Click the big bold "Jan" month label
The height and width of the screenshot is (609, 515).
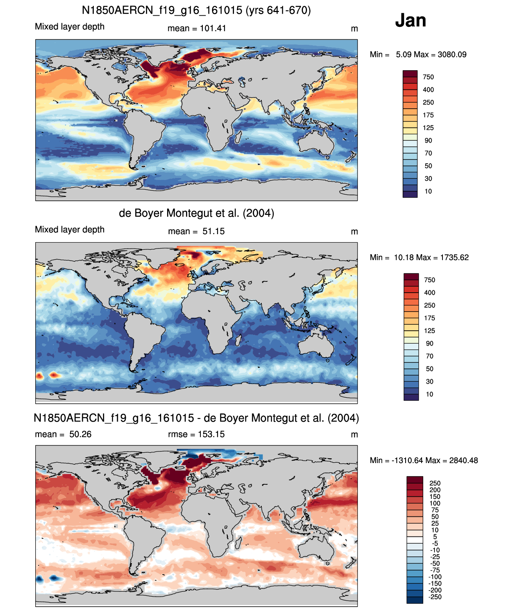click(x=410, y=20)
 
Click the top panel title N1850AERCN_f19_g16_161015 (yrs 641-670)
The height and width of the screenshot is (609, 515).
click(x=196, y=10)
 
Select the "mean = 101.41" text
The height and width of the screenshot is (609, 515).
click(x=197, y=28)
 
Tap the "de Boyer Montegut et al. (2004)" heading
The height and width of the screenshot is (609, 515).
click(x=196, y=213)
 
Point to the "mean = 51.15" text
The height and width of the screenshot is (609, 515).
click(x=196, y=231)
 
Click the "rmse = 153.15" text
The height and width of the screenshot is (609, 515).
click(x=196, y=434)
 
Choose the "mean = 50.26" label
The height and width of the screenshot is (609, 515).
click(x=63, y=434)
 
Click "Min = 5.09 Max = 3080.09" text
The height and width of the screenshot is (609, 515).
click(x=418, y=55)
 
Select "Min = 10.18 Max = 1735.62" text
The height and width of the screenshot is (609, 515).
click(x=419, y=257)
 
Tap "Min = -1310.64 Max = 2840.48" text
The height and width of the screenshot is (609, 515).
click(x=424, y=461)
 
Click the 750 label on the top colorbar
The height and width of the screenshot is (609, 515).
click(x=428, y=77)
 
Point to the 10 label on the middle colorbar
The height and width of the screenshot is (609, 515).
click(x=429, y=394)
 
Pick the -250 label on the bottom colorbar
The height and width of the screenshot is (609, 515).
click(x=435, y=597)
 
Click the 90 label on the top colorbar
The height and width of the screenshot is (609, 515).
click(x=428, y=141)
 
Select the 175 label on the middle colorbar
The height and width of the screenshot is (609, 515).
click(x=430, y=318)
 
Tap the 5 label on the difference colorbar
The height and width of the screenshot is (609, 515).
click(x=435, y=536)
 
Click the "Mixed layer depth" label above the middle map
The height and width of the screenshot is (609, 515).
click(x=70, y=229)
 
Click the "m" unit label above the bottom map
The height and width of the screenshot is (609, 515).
click(x=355, y=435)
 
